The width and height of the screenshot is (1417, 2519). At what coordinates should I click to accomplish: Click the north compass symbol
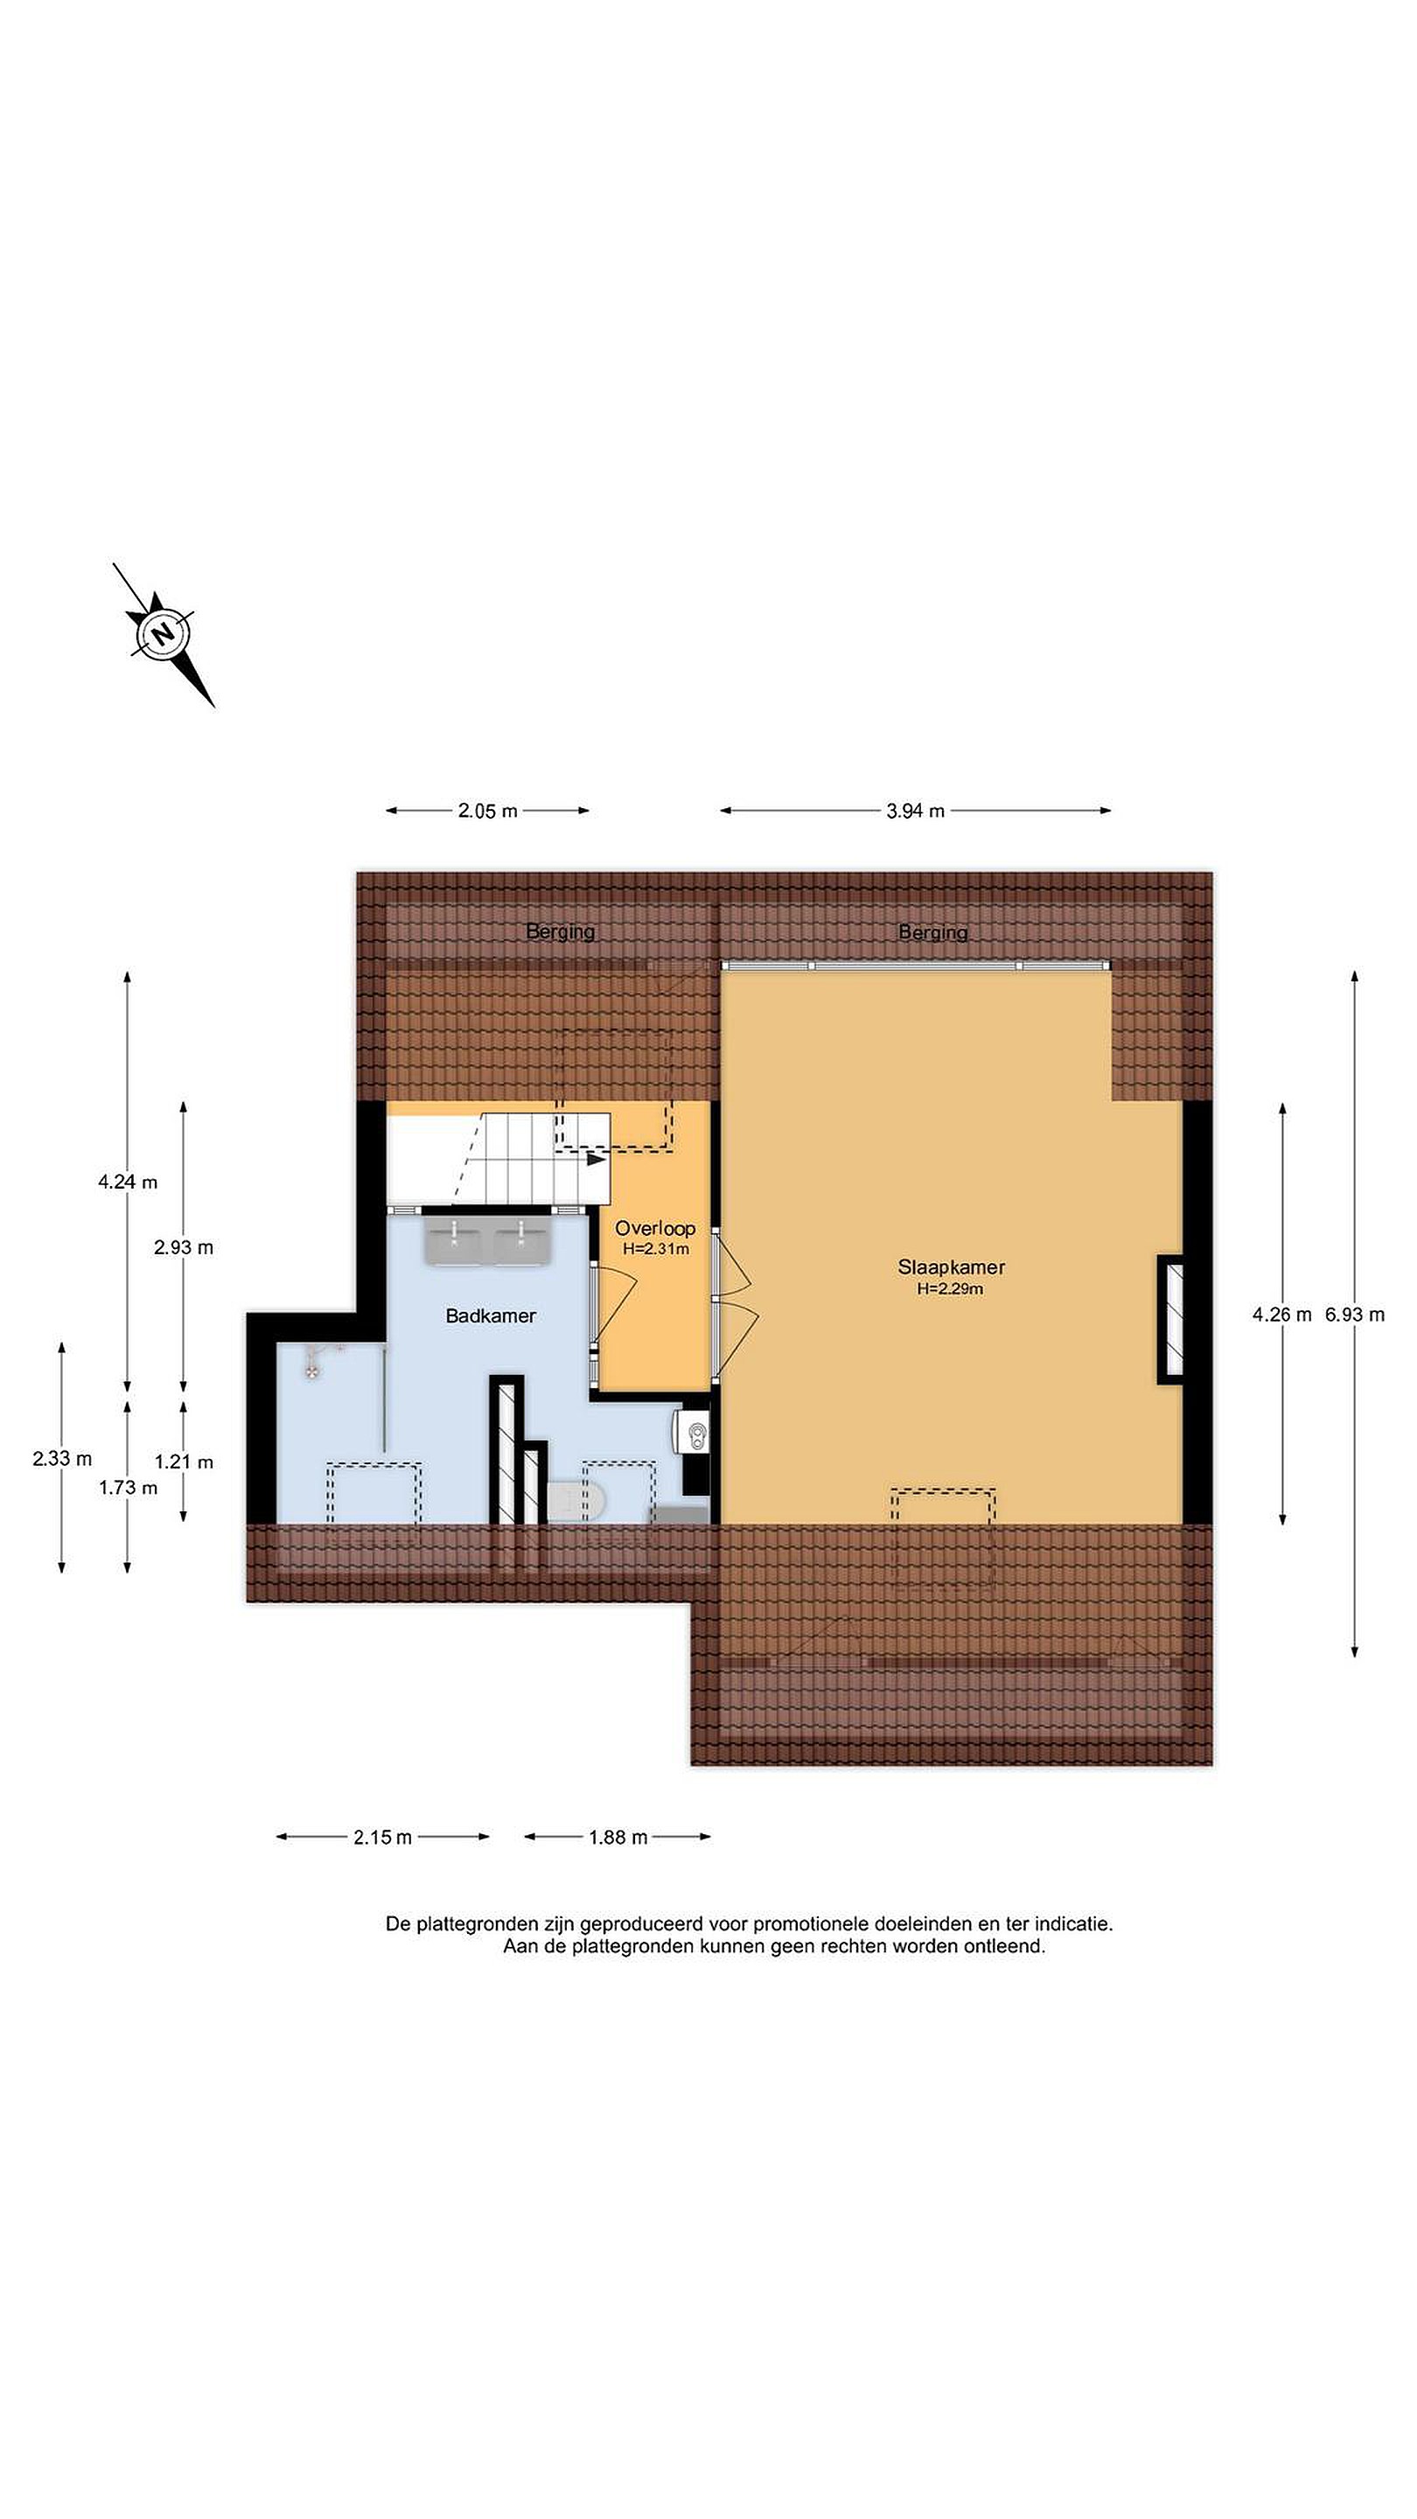click(x=164, y=633)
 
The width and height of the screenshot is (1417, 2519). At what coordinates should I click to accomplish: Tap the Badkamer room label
click(x=490, y=1315)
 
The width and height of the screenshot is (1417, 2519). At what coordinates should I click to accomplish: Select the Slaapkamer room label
click(x=951, y=1266)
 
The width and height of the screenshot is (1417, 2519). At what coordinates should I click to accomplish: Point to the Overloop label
click(x=654, y=1228)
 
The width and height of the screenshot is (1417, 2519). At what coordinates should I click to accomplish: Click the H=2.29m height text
click(x=950, y=1289)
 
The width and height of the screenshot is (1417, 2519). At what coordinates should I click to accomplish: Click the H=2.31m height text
click(x=655, y=1249)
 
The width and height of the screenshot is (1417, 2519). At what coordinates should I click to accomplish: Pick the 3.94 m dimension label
click(x=915, y=811)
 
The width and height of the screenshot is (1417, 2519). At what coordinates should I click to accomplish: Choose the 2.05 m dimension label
click(x=487, y=811)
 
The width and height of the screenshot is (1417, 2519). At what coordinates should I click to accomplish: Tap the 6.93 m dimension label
click(x=1354, y=1315)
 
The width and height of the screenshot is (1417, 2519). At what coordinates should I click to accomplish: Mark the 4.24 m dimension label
click(x=127, y=1182)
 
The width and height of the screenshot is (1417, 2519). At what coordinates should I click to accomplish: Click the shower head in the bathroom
click(x=312, y=1369)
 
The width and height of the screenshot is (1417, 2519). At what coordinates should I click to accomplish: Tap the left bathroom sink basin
click(x=454, y=1242)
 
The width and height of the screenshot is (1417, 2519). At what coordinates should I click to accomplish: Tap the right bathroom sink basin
click(x=524, y=1242)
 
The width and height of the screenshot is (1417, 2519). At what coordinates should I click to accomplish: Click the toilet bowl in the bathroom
click(x=577, y=1501)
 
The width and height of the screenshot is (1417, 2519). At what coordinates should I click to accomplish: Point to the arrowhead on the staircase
click(x=596, y=1160)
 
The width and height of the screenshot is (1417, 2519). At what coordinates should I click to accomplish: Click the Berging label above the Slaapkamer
click(x=933, y=932)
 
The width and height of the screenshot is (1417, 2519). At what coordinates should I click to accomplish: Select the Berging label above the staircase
click(x=561, y=931)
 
